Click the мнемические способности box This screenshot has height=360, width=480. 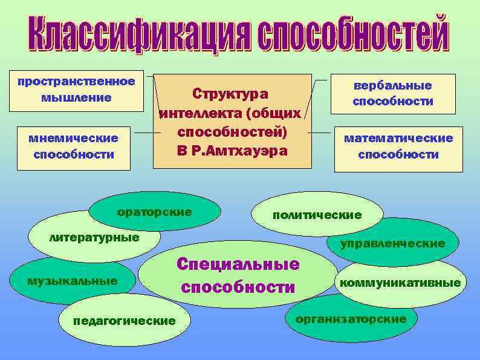click(x=73, y=146)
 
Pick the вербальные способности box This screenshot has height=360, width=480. click(x=392, y=94)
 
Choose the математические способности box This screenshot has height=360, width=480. click(x=398, y=146)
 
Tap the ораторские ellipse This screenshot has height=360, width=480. click(x=154, y=212)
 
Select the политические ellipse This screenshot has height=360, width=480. click(x=317, y=215)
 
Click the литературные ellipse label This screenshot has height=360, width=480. click(x=94, y=237)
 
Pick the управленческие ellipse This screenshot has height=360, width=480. click(x=392, y=243)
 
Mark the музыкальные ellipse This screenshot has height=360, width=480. click(x=72, y=281)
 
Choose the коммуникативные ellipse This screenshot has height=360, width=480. click(x=400, y=283)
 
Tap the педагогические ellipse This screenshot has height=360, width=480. click(x=124, y=321)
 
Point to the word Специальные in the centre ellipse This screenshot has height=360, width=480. click(x=238, y=264)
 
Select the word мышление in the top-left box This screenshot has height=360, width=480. click(x=76, y=97)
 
